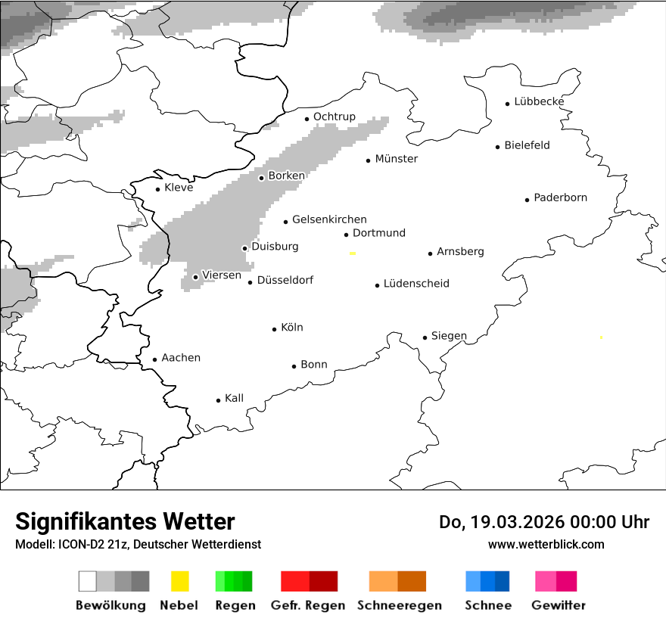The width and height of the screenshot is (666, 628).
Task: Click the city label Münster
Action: (396, 159)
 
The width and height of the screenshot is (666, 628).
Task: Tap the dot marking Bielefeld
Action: (498, 147)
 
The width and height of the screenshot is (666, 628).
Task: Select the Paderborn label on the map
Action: (560, 198)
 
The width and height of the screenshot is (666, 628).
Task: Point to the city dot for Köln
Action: (275, 329)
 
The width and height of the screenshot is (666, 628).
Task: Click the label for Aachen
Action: (181, 358)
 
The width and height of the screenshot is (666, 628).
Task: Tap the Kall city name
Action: (234, 398)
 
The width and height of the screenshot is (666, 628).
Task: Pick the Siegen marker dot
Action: (425, 338)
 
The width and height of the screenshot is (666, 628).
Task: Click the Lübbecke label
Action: (539, 101)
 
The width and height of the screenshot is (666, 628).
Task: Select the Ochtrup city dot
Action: (307, 119)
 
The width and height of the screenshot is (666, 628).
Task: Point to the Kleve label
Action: (179, 188)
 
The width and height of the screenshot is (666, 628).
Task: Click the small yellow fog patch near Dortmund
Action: (352, 253)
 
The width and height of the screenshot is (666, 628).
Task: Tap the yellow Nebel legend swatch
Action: (180, 581)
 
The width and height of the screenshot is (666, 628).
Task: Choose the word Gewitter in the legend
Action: (559, 605)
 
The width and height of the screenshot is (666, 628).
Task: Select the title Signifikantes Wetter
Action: (125, 522)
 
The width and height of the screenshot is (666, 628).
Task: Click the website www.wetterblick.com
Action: (546, 544)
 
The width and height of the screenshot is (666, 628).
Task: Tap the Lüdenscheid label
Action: (416, 284)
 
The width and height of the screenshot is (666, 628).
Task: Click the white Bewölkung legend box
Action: (88, 581)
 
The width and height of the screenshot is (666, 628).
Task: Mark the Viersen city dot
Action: (196, 277)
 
